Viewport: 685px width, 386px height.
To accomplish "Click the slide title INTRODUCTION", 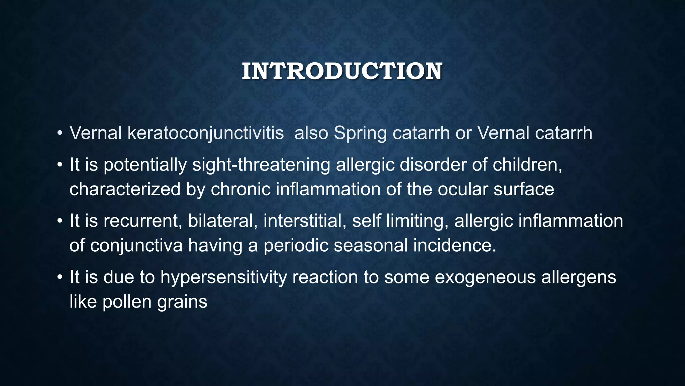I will (x=342, y=71).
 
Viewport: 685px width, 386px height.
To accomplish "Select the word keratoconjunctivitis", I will (x=206, y=133).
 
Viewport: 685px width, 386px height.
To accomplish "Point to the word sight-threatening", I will (x=261, y=165).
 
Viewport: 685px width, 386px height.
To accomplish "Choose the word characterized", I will (x=125, y=189).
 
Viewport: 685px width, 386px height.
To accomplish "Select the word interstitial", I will (x=305, y=221).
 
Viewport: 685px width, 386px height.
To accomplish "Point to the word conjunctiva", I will (x=136, y=246).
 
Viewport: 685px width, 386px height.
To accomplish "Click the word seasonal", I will (x=371, y=246).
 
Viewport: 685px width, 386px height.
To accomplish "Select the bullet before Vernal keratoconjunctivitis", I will (x=60, y=133).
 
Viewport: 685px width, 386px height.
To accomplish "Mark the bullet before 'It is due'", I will (x=60, y=277).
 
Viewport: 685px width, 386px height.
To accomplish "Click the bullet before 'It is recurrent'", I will (x=60, y=221).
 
